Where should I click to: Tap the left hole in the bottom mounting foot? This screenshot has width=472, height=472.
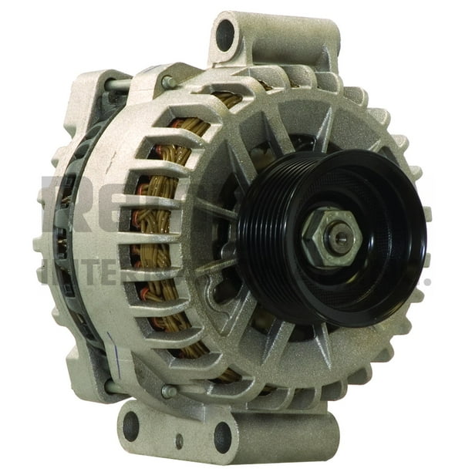132,425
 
